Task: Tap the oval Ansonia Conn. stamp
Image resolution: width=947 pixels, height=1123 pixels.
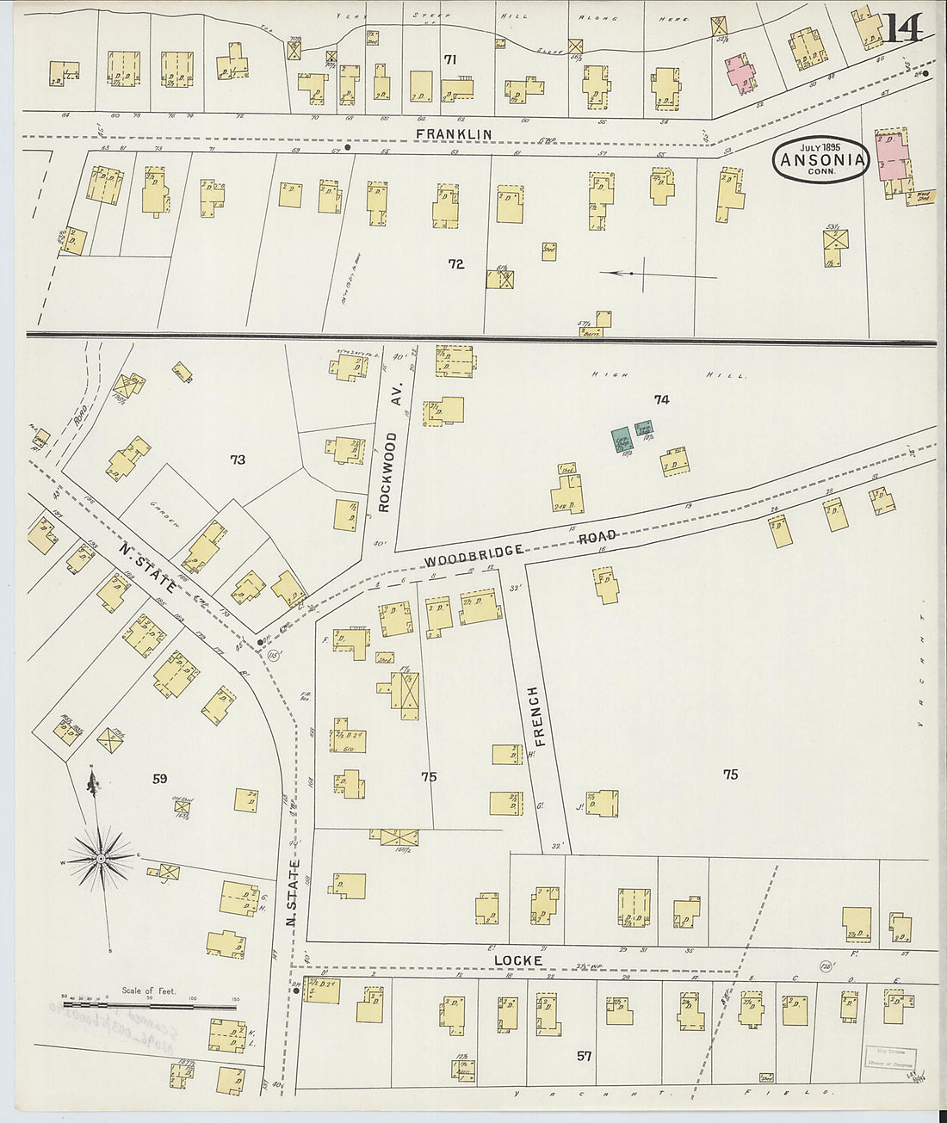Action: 821,159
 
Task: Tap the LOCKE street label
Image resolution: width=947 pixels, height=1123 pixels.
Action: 517,959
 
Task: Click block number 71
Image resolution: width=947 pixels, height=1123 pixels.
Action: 449,59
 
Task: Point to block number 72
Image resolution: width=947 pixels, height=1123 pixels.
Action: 455,264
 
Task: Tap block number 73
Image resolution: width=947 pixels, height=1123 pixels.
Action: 238,460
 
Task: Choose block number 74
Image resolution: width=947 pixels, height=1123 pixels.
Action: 661,399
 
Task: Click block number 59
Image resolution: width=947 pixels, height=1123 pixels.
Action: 159,780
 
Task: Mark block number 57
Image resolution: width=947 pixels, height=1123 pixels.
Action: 584,1055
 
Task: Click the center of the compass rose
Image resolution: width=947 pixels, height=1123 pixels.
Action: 101,858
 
